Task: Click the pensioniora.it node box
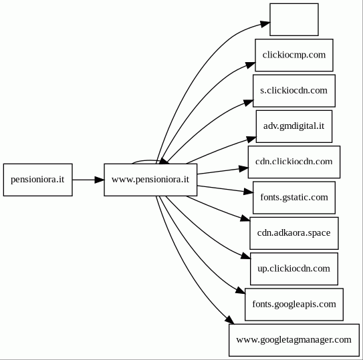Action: tap(37, 180)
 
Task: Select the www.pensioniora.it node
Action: tap(150, 180)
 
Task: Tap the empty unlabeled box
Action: tap(294, 19)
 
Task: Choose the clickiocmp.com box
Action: tap(294, 55)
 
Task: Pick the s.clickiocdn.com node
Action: tap(294, 91)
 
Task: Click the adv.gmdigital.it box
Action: tap(294, 126)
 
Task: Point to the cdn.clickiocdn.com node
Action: tap(294, 162)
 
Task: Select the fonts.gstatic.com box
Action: tap(294, 198)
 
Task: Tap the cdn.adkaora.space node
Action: tap(294, 233)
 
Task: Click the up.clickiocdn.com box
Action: tap(294, 269)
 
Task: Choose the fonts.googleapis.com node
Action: tap(294, 305)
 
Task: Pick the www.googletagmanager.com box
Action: tap(294, 340)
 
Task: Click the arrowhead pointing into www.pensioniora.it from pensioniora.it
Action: tap(100, 180)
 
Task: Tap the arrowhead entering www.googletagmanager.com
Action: tap(230, 320)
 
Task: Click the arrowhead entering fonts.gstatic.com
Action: tap(249, 192)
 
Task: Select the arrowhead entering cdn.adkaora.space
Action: tap(245, 218)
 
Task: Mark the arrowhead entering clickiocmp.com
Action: tap(251, 65)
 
